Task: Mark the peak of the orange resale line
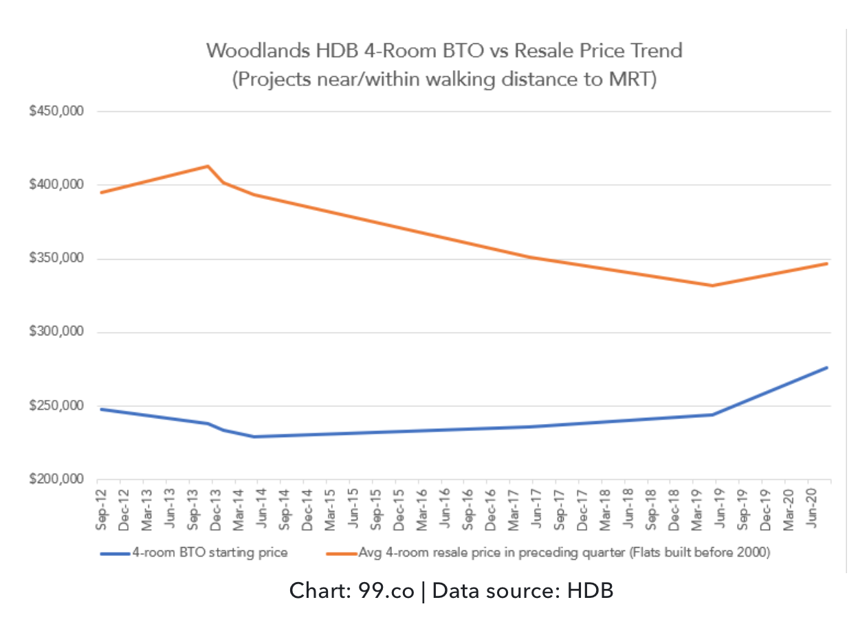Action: pyautogui.click(x=208, y=166)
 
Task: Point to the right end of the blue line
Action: pyautogui.click(x=827, y=367)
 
